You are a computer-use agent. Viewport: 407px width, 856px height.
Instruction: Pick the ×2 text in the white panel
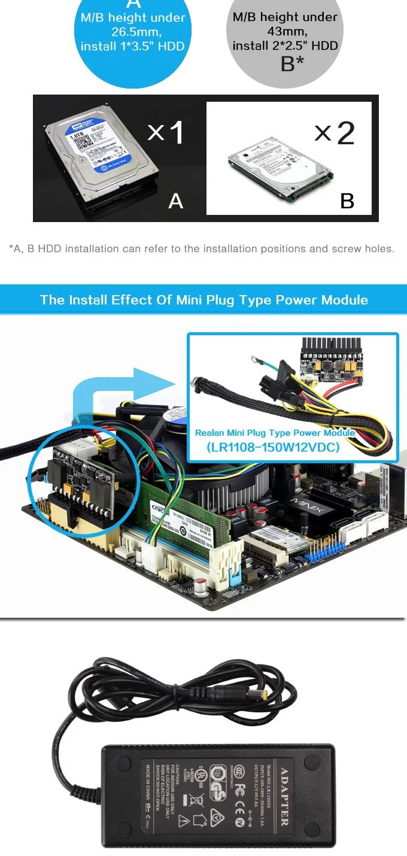(x=335, y=133)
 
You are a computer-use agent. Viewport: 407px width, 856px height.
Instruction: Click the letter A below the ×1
(x=175, y=201)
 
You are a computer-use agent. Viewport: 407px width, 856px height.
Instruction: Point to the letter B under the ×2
(x=347, y=201)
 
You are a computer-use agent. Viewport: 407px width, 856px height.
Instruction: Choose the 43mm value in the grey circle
(x=285, y=32)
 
